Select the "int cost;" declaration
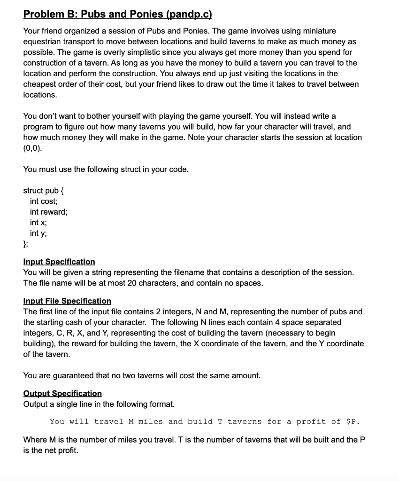(x=44, y=201)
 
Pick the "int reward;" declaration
(x=49, y=212)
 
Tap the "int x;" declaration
(x=36, y=222)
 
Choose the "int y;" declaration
(x=36, y=233)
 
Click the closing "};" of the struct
(x=26, y=244)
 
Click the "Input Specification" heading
(x=59, y=262)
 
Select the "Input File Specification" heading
(x=67, y=301)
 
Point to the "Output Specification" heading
(x=62, y=393)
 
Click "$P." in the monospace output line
(x=353, y=421)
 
